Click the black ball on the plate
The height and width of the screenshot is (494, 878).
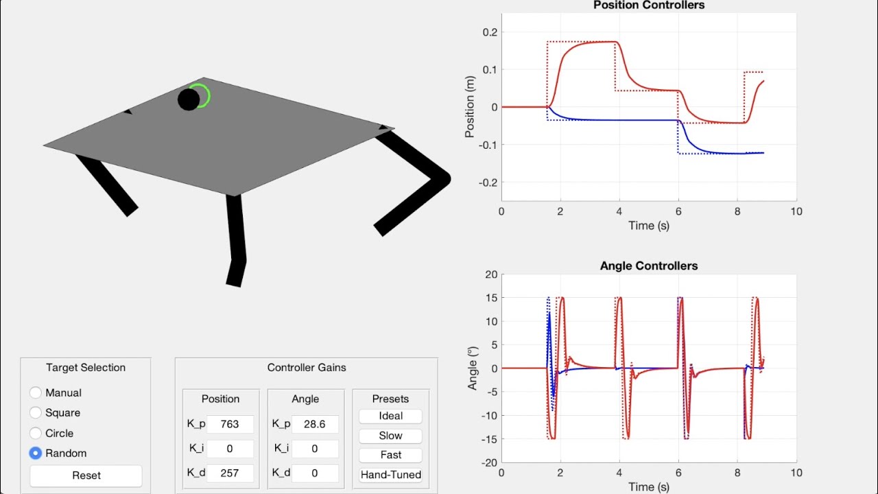tap(189, 99)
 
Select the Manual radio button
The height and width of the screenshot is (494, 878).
tap(35, 392)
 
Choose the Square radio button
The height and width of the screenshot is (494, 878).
tap(35, 412)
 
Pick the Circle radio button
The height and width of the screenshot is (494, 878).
tap(35, 433)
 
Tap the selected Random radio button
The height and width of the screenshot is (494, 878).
tap(35, 454)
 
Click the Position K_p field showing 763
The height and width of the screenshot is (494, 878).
tap(230, 424)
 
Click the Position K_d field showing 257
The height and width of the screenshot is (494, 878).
tap(230, 473)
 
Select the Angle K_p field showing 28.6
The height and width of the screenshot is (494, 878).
tap(315, 424)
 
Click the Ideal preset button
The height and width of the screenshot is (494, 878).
tap(390, 416)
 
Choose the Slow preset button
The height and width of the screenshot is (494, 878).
tap(390, 436)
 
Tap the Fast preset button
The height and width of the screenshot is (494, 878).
tap(390, 455)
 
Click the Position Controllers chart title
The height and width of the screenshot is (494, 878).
tap(649, 5)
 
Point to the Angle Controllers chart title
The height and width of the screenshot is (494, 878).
tap(649, 266)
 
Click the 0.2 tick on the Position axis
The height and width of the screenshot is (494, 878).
tap(490, 32)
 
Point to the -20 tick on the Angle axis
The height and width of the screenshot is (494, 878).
tap(489, 462)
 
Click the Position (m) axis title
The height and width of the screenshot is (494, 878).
tap(469, 106)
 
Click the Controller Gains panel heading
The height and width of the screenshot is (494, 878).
tap(307, 368)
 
